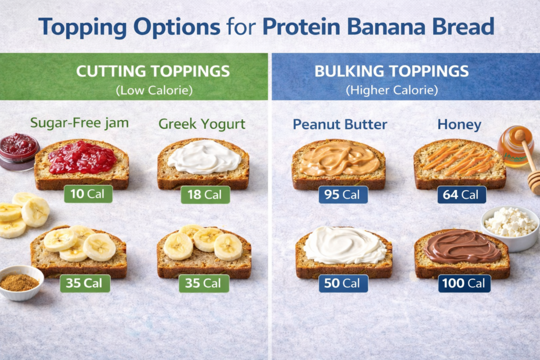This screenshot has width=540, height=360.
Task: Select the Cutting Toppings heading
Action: pyautogui.click(x=153, y=71)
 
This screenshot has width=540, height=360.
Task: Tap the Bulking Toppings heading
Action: pyautogui.click(x=392, y=71)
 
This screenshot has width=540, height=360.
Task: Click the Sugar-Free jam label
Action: pyautogui.click(x=79, y=123)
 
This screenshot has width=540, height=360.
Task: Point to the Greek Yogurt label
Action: pyautogui.click(x=202, y=124)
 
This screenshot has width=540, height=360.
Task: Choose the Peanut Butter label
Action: pyautogui.click(x=340, y=124)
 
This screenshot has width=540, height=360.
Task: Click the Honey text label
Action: pyautogui.click(x=459, y=124)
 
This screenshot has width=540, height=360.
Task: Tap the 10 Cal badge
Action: pyautogui.click(x=88, y=194)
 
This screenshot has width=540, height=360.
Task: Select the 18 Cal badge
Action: pyautogui.click(x=205, y=194)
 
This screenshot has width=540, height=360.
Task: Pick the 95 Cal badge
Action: pyautogui.click(x=343, y=194)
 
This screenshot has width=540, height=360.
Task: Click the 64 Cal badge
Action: pyautogui.click(x=461, y=194)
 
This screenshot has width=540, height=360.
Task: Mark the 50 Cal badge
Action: pyautogui.click(x=343, y=283)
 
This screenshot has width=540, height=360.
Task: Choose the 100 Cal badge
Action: pyautogui.click(x=464, y=283)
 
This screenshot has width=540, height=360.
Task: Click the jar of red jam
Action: pyautogui.click(x=20, y=151)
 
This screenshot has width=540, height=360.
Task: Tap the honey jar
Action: pyautogui.click(x=514, y=147)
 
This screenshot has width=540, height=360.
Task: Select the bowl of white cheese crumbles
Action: pyautogui.click(x=510, y=227)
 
